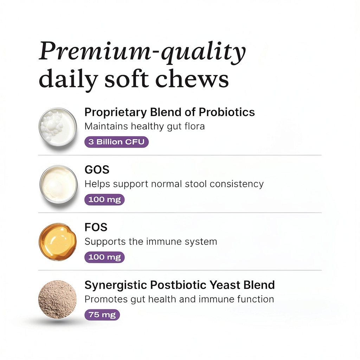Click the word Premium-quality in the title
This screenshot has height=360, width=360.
pos(142,52)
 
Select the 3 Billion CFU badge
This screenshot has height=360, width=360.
pos(116,142)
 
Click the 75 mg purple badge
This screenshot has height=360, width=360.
pos(102,315)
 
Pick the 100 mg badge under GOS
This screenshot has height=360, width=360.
pos(104,200)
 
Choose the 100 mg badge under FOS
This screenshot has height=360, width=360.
pos(104,257)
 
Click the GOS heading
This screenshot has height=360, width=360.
pos(97,170)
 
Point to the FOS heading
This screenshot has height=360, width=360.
pos(96,227)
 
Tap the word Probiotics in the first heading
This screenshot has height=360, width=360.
pos(227,112)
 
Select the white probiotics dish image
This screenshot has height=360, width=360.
pos(58,127)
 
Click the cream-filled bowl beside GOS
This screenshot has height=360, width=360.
pos(58,184)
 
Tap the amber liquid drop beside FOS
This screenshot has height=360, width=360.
pos(58,242)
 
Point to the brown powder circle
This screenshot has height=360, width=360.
pos(57,300)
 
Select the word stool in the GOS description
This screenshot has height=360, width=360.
pos(196,184)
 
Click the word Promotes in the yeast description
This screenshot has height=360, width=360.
pos(106,299)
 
